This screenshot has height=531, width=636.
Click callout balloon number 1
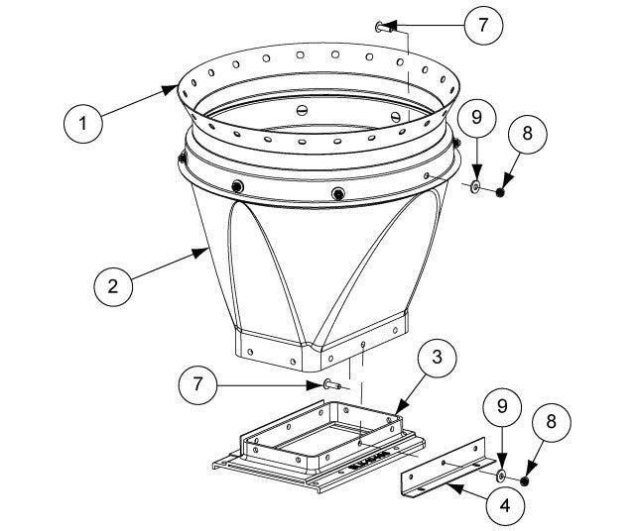click(84, 124)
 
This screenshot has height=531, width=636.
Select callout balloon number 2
click(115, 287)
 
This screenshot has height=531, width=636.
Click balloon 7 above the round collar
click(483, 27)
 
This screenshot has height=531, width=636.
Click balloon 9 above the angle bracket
click(503, 407)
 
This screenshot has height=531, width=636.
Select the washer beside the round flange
click(477, 185)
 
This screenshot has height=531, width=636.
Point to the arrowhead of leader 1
click(175, 88)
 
